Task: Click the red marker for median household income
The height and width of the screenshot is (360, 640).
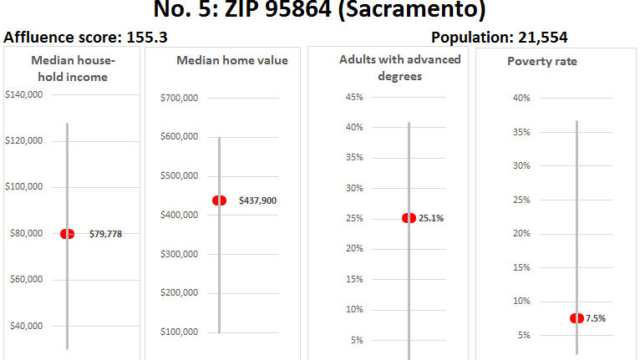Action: click(x=67, y=234)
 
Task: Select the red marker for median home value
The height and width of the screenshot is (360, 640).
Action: click(x=220, y=200)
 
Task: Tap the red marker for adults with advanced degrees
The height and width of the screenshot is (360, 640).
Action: click(x=409, y=218)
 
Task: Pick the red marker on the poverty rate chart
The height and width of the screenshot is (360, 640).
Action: click(x=577, y=318)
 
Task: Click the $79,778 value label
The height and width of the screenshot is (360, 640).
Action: click(x=105, y=235)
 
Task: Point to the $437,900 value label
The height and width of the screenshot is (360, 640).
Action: click(x=258, y=201)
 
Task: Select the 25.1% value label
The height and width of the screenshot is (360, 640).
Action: click(x=432, y=219)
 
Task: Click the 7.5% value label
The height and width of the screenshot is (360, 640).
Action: click(x=595, y=318)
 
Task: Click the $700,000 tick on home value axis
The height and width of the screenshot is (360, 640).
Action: click(x=179, y=99)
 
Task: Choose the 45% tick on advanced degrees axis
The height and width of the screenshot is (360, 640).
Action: click(x=353, y=98)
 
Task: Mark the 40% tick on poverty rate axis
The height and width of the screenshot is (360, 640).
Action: click(x=521, y=99)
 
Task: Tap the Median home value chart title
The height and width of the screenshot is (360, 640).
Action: click(x=231, y=60)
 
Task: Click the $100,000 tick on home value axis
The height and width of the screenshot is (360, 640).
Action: click(x=179, y=332)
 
